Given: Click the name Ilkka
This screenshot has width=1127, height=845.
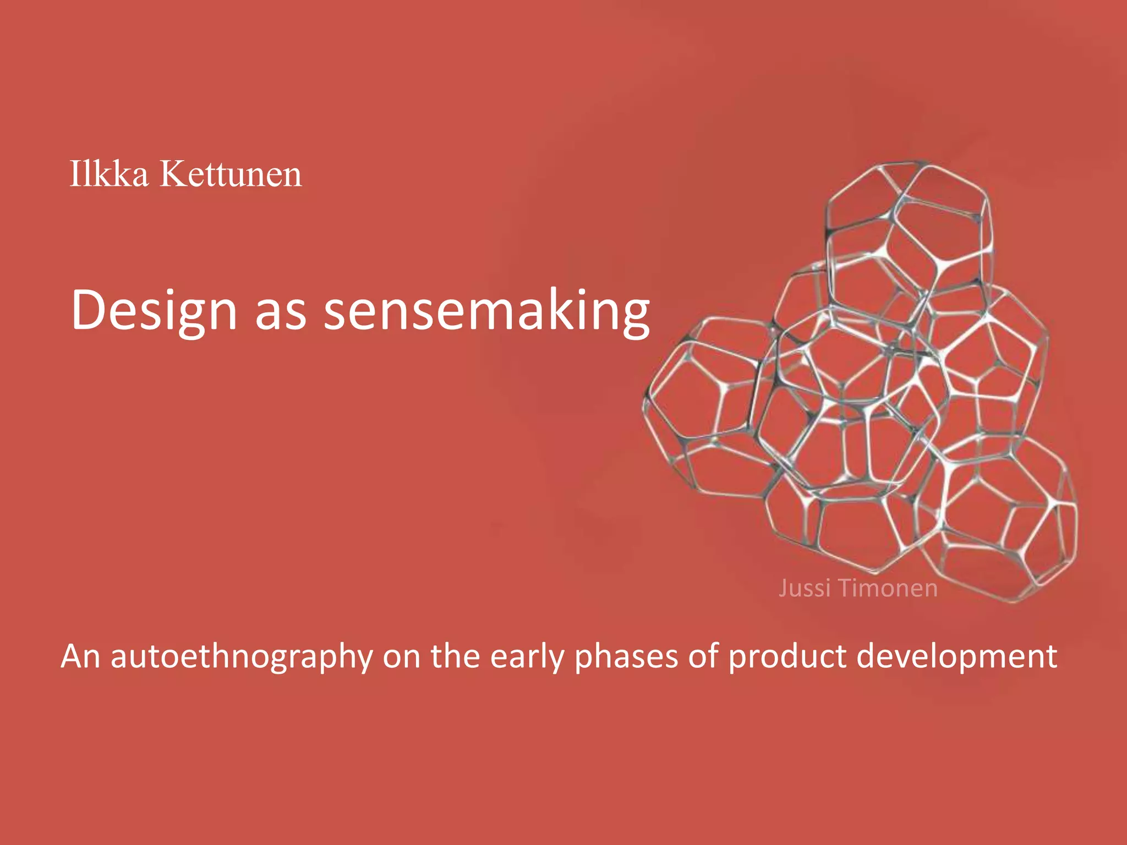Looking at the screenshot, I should tap(109, 174).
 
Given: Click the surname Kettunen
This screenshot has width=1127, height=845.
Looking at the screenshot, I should tap(231, 174).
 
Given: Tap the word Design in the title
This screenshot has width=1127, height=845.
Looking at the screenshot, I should tap(154, 311).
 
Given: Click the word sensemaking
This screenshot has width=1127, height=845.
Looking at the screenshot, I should tap(486, 311).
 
